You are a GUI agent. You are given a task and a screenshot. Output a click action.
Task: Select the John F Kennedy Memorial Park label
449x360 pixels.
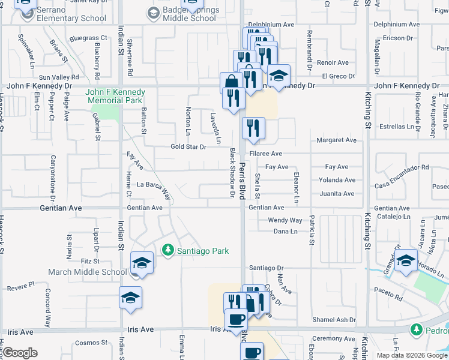pos(115,96)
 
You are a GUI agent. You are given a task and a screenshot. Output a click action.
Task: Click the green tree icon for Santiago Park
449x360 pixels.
pos(169,250)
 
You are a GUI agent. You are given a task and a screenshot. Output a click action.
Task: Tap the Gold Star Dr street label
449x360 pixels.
pos(188,146)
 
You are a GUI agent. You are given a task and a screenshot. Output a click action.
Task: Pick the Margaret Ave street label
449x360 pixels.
pos(336,140)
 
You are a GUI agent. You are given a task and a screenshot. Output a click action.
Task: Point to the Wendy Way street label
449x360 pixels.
pos(285,220)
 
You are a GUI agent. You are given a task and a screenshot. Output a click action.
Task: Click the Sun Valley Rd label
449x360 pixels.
pos(59,77)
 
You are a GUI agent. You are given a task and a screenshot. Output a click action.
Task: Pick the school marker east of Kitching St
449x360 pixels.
pos(406,260)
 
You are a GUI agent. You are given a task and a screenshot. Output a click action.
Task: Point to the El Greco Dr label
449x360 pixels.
pos(338,76)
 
